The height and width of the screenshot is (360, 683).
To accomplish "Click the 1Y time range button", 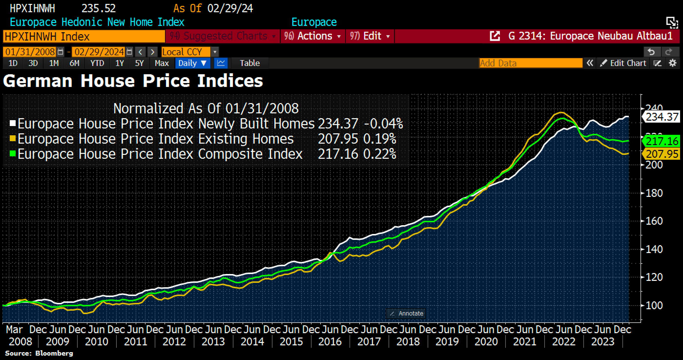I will (x=120, y=63).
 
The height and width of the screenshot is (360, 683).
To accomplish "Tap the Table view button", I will (x=249, y=63).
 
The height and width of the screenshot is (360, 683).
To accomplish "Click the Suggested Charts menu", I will (x=223, y=36).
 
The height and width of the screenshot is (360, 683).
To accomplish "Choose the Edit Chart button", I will (x=623, y=63).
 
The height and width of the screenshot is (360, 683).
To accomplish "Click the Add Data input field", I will (x=530, y=63).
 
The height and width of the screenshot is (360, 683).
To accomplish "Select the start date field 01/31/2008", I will (x=30, y=52).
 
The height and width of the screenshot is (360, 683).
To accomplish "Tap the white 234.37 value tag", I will (x=662, y=117).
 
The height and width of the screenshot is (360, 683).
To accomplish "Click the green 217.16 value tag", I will (x=662, y=141).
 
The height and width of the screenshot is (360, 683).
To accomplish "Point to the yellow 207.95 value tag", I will (x=662, y=154).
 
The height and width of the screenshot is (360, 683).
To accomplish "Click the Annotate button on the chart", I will (x=406, y=313).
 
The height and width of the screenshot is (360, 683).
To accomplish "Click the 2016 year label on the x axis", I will (x=330, y=342).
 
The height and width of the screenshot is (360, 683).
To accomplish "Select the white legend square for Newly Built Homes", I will (x=13, y=123).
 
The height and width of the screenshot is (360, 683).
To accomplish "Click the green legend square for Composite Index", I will (x=13, y=154).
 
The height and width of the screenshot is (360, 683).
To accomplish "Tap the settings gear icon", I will (x=673, y=63).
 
